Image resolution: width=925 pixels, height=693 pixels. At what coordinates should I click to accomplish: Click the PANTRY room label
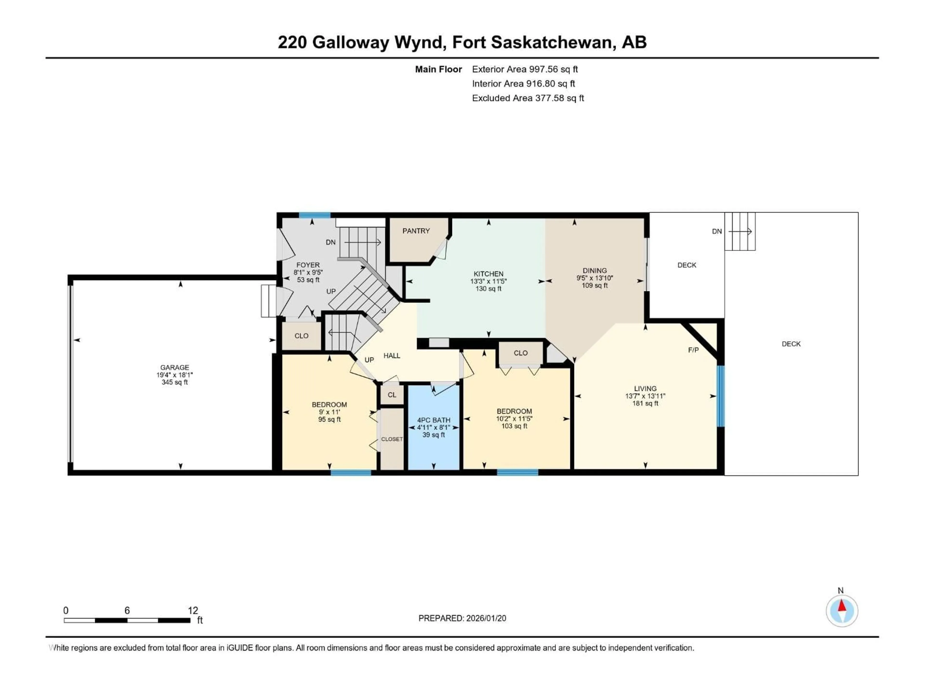click(416, 231)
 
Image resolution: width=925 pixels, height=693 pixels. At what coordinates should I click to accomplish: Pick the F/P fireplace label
click(693, 350)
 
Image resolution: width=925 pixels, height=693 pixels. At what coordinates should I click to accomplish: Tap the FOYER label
click(308, 265)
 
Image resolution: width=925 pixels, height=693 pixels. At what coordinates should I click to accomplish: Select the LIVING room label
click(645, 388)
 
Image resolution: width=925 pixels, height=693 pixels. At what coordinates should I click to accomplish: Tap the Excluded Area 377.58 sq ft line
click(528, 98)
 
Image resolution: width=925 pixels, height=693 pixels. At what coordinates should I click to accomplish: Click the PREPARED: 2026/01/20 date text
click(462, 618)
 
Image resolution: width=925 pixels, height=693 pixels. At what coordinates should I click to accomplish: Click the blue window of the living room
click(720, 396)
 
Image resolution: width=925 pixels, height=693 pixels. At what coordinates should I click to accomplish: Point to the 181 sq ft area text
click(645, 404)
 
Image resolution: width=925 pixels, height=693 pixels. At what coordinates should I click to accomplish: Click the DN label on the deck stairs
click(717, 231)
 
